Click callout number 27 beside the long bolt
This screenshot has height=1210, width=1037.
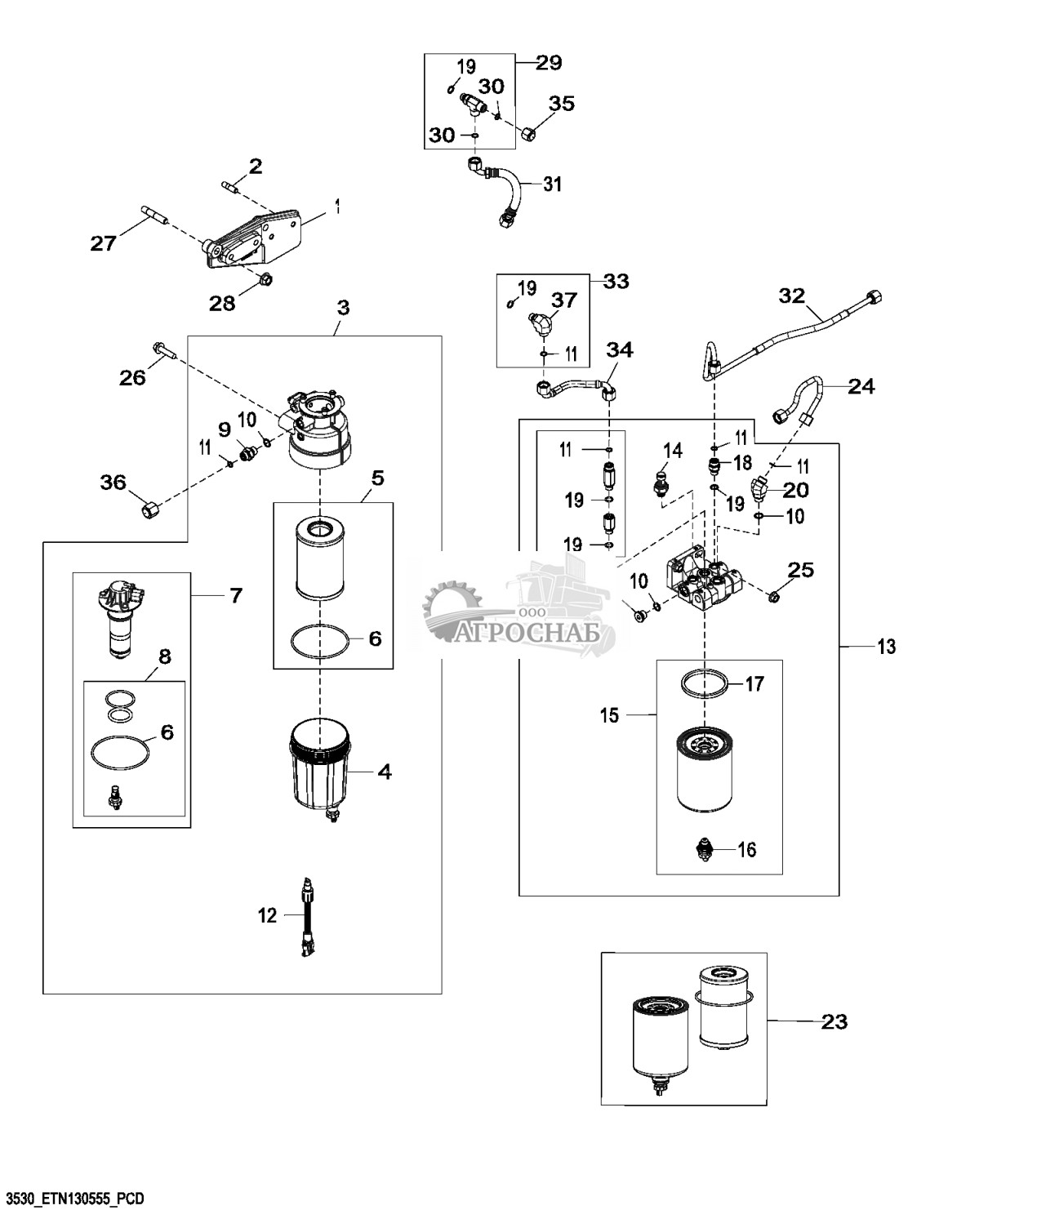[103, 242]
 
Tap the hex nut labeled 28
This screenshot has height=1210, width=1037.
[264, 280]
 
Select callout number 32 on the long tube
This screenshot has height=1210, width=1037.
[792, 296]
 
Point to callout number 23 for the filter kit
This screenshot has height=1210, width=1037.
[834, 1021]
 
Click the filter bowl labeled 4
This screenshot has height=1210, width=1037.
[320, 767]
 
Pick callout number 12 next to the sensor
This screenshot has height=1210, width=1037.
[268, 916]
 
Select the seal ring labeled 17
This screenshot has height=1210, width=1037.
[703, 683]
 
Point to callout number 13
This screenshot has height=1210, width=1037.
[886, 647]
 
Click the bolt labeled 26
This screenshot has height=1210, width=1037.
[162, 352]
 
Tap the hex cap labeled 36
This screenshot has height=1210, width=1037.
[150, 511]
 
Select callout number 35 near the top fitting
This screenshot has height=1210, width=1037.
[561, 104]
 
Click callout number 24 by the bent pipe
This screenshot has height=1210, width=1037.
[861, 386]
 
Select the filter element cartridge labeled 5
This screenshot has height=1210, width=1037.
[320, 558]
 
